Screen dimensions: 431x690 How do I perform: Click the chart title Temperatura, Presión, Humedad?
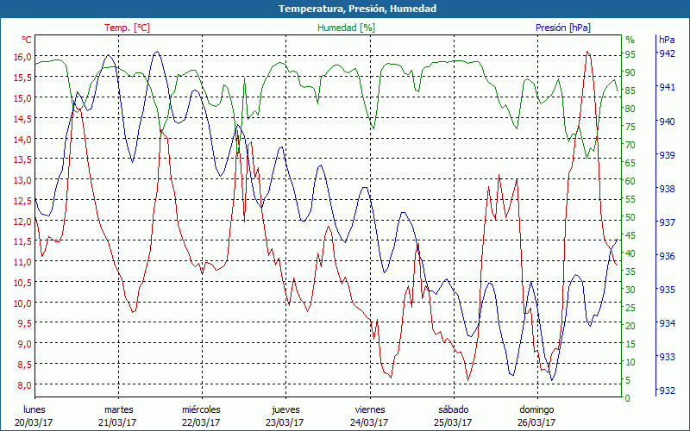(345, 9)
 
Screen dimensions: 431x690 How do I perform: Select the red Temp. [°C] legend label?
(127, 28)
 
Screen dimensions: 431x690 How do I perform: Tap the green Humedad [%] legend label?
(346, 28)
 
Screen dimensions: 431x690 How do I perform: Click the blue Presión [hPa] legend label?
(563, 28)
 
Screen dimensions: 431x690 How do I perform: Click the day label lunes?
(34, 409)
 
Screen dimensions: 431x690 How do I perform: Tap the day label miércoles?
(201, 409)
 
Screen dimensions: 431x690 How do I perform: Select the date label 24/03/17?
(369, 422)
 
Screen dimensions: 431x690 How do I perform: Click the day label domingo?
(536, 409)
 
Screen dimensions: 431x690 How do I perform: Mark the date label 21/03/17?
(118, 422)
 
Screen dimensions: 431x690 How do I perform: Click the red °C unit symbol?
(27, 40)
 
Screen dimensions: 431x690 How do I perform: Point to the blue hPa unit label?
(667, 40)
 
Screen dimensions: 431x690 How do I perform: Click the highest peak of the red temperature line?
(586, 52)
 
